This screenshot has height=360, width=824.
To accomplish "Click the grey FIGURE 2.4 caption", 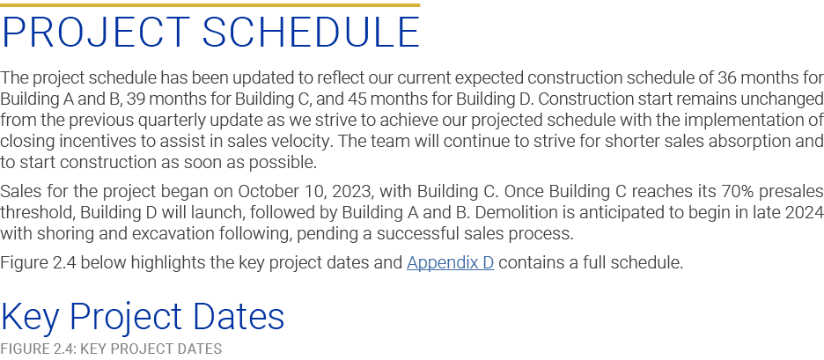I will point(111,349).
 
